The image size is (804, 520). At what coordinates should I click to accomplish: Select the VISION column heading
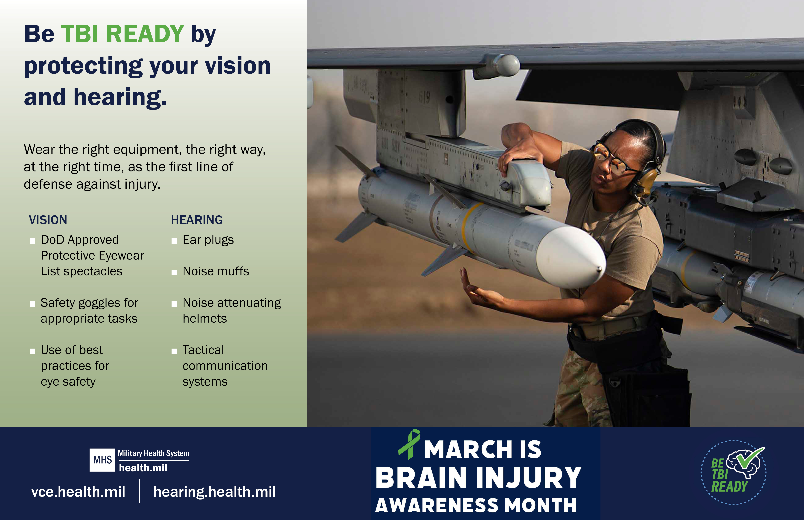pyautogui.click(x=48, y=220)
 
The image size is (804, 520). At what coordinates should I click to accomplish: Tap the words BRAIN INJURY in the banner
pyautogui.click(x=478, y=478)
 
